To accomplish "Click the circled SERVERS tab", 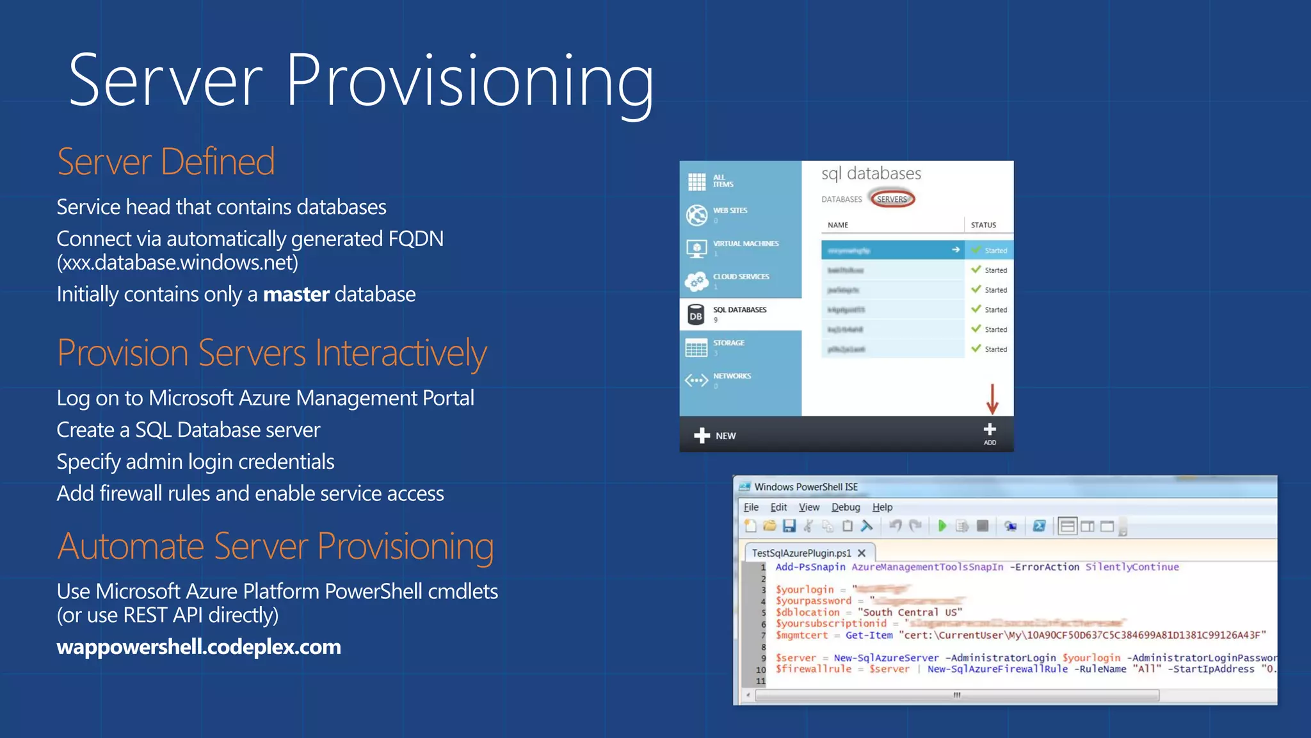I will (892, 199).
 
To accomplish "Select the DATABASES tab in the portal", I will (841, 199).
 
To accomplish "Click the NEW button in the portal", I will (715, 436).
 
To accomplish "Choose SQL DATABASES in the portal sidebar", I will (739, 314).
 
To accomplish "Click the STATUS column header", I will (983, 225).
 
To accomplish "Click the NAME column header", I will (837, 225).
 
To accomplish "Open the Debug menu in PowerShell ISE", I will (846, 507).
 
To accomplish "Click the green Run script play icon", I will (942, 526).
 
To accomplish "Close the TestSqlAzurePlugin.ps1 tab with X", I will (862, 553).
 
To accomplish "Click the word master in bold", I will (296, 295).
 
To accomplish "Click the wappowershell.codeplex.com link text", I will (198, 647).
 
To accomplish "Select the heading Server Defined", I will (166, 161).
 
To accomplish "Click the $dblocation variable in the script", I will (807, 612).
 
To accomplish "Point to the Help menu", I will (882, 507).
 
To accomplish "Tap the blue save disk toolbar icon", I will (789, 526).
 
